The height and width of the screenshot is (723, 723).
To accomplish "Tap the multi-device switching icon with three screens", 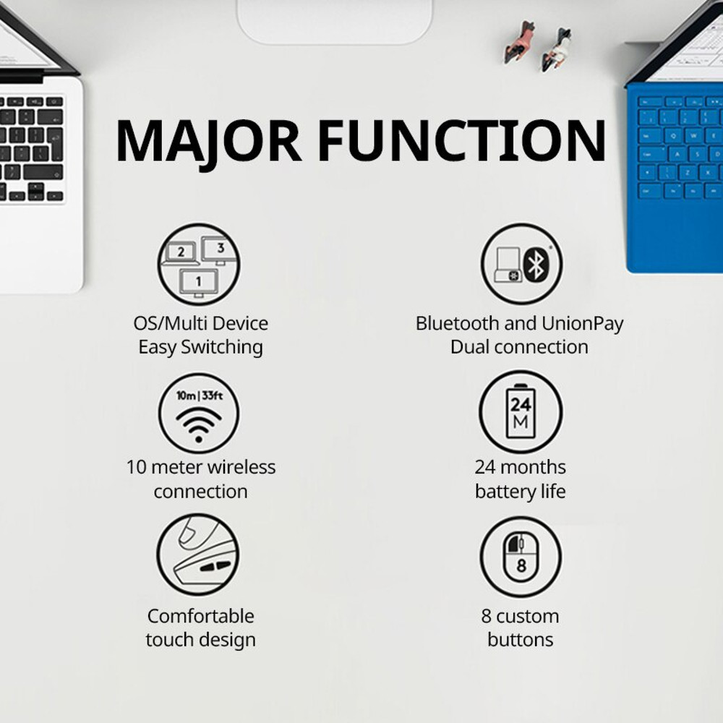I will tap(198, 264).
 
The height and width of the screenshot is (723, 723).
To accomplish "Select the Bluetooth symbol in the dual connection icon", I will tap(535, 264).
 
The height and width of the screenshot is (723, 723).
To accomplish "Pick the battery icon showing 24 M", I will tap(521, 413).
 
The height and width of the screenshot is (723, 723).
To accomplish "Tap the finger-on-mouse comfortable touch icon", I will tap(198, 555).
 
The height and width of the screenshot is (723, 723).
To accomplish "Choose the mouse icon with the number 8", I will tap(521, 556).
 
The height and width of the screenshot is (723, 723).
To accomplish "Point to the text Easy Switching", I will tap(200, 347).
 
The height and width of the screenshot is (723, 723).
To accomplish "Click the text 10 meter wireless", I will tap(200, 467).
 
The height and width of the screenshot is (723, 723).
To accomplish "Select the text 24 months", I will tap(521, 467).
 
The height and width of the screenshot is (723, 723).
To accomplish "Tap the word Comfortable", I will tap(200, 616).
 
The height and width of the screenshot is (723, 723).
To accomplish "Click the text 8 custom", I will tap(521, 616).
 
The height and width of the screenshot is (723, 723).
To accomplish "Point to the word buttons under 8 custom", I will tap(521, 640).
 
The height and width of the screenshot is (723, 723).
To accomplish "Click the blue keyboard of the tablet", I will tap(676, 152).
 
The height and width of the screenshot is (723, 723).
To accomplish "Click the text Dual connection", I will tap(519, 347).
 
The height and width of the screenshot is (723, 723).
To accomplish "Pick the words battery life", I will tap(521, 492).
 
